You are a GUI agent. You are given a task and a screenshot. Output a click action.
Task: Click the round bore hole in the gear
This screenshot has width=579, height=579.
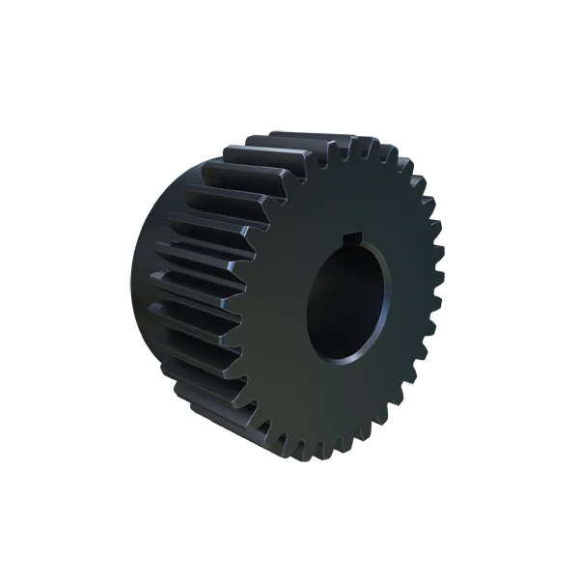coord(349,299)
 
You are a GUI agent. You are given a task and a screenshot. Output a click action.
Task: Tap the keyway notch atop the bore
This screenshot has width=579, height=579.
coord(354,237)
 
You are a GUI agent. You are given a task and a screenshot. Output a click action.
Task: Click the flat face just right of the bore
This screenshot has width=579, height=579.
coord(410,299)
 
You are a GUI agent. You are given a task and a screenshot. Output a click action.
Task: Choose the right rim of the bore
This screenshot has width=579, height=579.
coord(393,294)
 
